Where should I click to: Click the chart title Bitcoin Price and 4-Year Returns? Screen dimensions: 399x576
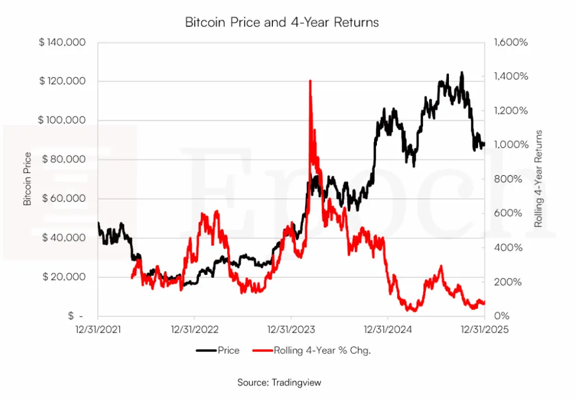(x=282, y=23)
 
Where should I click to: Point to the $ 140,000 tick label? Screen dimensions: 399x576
(x=62, y=42)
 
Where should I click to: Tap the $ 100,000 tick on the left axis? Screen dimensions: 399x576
(x=62, y=121)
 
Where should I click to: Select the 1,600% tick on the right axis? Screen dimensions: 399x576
(x=510, y=42)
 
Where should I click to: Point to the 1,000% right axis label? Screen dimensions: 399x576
(x=510, y=145)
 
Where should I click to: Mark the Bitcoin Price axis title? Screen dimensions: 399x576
(x=28, y=179)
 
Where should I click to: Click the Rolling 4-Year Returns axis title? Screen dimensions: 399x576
(x=538, y=179)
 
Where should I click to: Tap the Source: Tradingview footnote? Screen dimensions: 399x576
(x=279, y=383)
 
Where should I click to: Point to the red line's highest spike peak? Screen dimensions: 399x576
(x=310, y=81)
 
